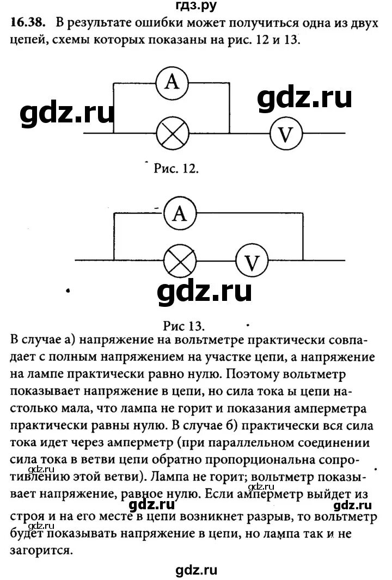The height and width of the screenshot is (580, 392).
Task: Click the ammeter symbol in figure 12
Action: click(172, 82)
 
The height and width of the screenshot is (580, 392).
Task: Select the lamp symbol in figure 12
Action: click(172, 133)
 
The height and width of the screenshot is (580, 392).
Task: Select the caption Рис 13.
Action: click(183, 326)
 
